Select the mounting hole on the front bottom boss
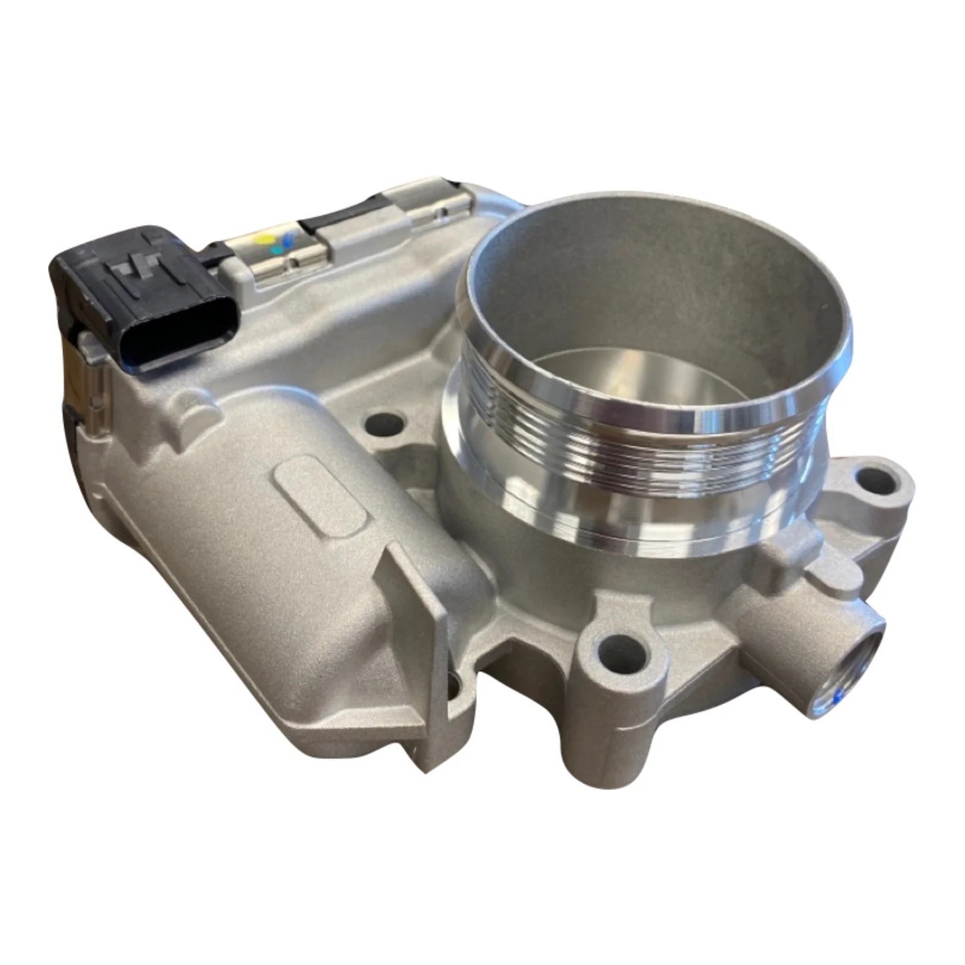pyautogui.click(x=618, y=645)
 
